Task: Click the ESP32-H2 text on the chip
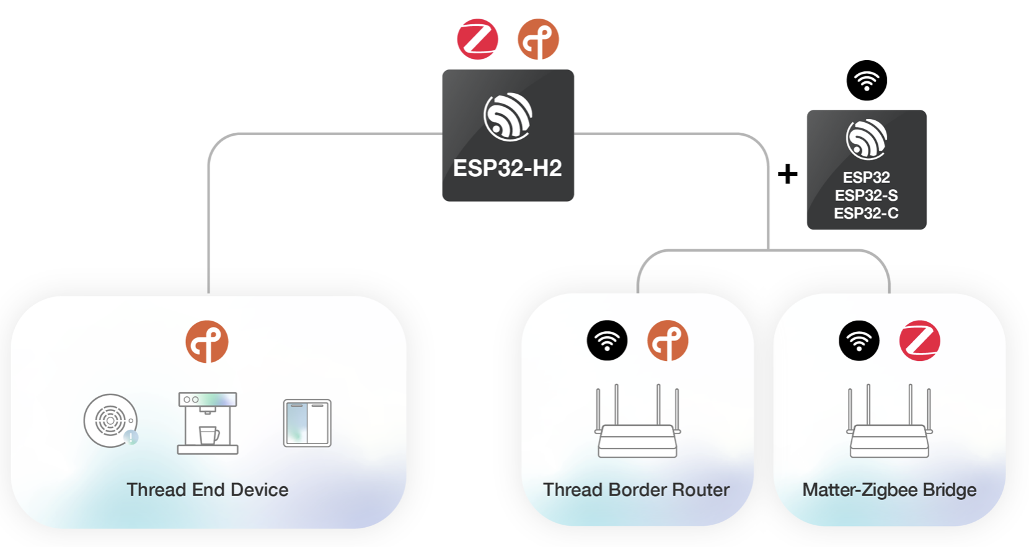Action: click(507, 168)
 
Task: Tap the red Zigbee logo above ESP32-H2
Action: click(477, 39)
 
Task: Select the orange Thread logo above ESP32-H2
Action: click(538, 39)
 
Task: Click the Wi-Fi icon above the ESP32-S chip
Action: click(867, 81)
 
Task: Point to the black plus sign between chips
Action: click(787, 174)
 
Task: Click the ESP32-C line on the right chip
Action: click(866, 213)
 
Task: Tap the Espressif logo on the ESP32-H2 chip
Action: click(508, 117)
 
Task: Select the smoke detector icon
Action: click(110, 420)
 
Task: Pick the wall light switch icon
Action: click(307, 423)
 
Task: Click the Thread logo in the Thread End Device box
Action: click(207, 341)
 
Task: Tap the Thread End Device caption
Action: click(207, 490)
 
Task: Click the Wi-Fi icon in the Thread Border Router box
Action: click(607, 340)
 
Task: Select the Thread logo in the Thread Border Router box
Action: click(668, 340)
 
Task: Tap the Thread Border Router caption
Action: click(636, 490)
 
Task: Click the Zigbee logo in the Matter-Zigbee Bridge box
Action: click(919, 340)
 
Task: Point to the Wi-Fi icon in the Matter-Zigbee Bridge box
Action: click(859, 340)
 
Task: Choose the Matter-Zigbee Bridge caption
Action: click(889, 490)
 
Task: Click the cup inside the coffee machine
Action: click(208, 435)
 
